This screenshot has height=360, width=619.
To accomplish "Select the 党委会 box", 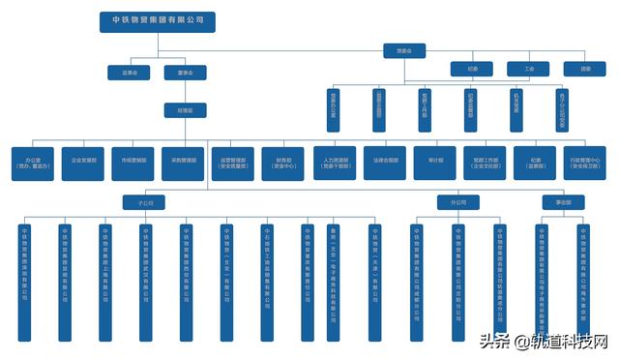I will point(390,50).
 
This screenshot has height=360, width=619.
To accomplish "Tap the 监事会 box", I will point(129,72).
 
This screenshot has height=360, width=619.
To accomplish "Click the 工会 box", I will point(528,69).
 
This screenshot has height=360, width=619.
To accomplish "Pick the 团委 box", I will point(584,69).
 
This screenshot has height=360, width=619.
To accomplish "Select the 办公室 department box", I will point(32,163).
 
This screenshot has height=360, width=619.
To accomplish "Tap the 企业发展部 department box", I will point(82,163).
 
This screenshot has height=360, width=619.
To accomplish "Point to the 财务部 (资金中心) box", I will point(283,163).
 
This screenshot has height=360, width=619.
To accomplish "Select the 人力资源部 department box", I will point(335,163).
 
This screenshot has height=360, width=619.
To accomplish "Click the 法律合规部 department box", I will point(385,163).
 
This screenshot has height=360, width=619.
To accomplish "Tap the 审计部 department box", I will point(435,163).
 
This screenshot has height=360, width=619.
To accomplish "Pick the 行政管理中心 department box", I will point(586,163).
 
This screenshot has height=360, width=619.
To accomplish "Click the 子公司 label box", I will point(145,203).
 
